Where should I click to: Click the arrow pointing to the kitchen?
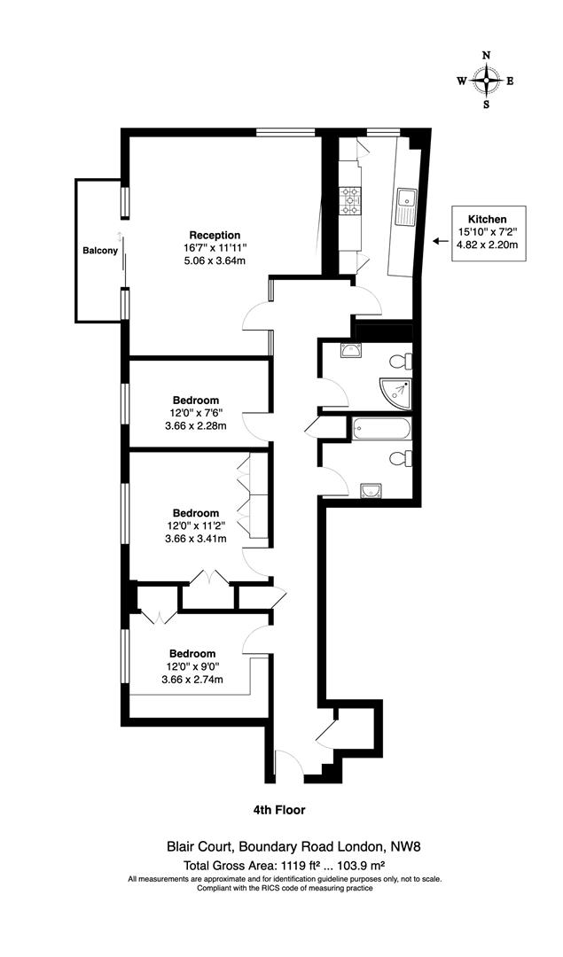440,240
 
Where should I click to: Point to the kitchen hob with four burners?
350,201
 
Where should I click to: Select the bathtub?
380,430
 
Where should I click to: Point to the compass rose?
486,80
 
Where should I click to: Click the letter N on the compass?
486,55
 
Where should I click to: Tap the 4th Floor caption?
279,809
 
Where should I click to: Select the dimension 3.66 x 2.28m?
195,425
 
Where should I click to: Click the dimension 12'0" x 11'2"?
195,525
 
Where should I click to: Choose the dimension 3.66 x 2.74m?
192,680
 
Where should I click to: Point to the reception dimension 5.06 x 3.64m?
214,261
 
